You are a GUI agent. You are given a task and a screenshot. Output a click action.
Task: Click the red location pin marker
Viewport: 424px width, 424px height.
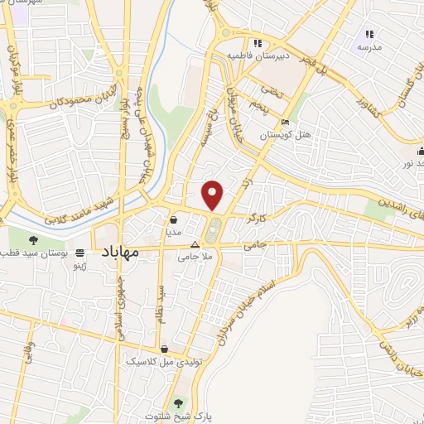tap(214, 195)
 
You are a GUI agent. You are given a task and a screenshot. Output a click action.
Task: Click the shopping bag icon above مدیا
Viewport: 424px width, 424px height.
tap(175, 220)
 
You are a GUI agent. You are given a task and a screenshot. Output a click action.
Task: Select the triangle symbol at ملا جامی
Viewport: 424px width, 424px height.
tap(195, 245)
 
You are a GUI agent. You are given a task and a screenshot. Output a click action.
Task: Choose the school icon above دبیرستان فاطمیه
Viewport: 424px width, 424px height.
tap(258, 43)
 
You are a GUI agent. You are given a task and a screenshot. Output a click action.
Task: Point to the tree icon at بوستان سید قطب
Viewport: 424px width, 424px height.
tap(33, 239)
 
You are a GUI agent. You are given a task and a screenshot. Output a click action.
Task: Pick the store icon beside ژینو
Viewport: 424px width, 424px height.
tap(80, 253)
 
